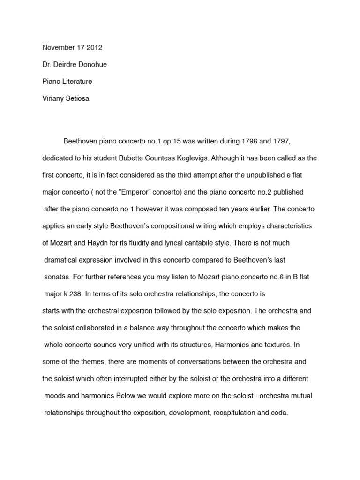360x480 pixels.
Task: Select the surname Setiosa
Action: [80, 98]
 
